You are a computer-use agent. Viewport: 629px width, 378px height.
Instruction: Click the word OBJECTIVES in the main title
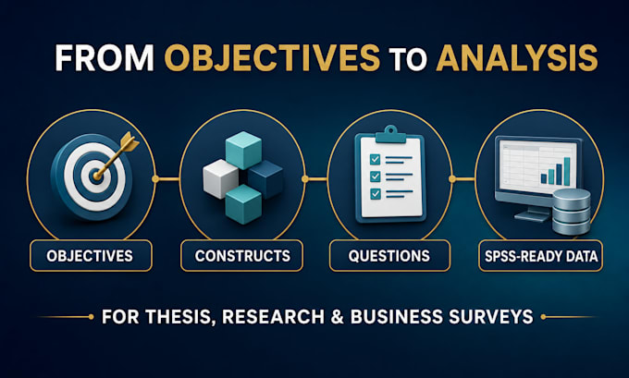click(272, 57)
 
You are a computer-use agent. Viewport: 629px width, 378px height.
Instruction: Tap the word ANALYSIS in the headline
click(517, 57)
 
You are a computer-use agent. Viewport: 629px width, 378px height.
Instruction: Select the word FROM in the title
click(105, 57)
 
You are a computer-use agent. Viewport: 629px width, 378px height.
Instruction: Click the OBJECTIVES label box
click(91, 256)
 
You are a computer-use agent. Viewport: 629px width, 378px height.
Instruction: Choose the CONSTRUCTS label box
click(242, 256)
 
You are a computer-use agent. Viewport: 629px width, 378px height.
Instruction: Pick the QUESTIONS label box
click(389, 256)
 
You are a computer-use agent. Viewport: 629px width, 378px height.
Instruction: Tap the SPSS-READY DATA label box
click(541, 256)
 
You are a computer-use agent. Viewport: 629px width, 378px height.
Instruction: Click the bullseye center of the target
click(96, 176)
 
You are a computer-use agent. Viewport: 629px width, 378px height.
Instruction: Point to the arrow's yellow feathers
click(129, 142)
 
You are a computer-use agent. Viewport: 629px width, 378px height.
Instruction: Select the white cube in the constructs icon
click(220, 178)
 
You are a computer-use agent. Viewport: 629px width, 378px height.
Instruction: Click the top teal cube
click(243, 151)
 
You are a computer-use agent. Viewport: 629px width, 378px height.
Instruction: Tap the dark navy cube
click(265, 179)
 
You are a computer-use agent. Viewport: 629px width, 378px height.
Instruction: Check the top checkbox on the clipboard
click(375, 159)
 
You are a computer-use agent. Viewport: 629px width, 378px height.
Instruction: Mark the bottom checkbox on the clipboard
click(375, 193)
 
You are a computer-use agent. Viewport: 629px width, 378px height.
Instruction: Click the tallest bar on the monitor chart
click(567, 171)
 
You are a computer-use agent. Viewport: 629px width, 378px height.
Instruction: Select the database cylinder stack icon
click(572, 212)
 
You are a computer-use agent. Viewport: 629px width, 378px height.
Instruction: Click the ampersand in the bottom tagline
click(338, 317)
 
